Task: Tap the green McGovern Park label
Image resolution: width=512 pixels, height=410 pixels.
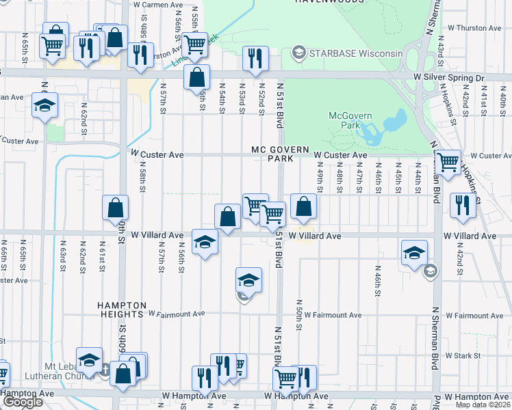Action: pos(344,120)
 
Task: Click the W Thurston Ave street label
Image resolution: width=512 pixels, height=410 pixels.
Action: pos(474,28)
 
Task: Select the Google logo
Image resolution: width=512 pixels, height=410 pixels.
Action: pos(23,402)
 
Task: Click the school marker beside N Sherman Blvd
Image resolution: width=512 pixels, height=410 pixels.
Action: pos(414,253)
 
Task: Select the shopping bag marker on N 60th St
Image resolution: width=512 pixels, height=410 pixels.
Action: pos(116,208)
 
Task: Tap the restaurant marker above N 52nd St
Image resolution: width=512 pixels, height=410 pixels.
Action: pos(255,59)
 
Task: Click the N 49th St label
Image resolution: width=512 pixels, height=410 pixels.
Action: pos(320,182)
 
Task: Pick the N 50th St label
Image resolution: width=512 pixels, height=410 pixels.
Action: pos(299,311)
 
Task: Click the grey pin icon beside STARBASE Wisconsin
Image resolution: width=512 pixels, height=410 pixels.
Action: pos(298,53)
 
